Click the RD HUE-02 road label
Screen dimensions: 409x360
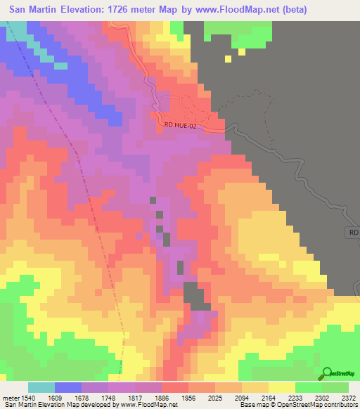pyautogui.click(x=181, y=124)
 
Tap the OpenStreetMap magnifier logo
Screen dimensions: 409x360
pyautogui.click(x=327, y=374)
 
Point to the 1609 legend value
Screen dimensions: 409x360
pyautogui.click(x=54, y=396)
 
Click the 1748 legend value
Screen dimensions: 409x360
pyautogui.click(x=108, y=396)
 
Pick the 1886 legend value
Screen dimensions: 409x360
pyautogui.click(x=162, y=396)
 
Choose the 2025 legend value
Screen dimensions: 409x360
pyautogui.click(x=215, y=396)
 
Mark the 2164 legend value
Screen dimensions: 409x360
pyautogui.click(x=269, y=396)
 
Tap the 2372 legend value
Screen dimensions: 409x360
pyautogui.click(x=347, y=396)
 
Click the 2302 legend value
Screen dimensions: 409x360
pyautogui.click(x=322, y=396)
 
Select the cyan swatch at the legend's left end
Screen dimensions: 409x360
pyautogui.click(x=41, y=387)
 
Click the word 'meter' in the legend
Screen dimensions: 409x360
pyautogui.click(x=8, y=396)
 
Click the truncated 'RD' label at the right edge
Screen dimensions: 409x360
pyautogui.click(x=354, y=231)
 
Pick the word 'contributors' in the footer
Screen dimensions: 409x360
pyautogui.click(x=340, y=405)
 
